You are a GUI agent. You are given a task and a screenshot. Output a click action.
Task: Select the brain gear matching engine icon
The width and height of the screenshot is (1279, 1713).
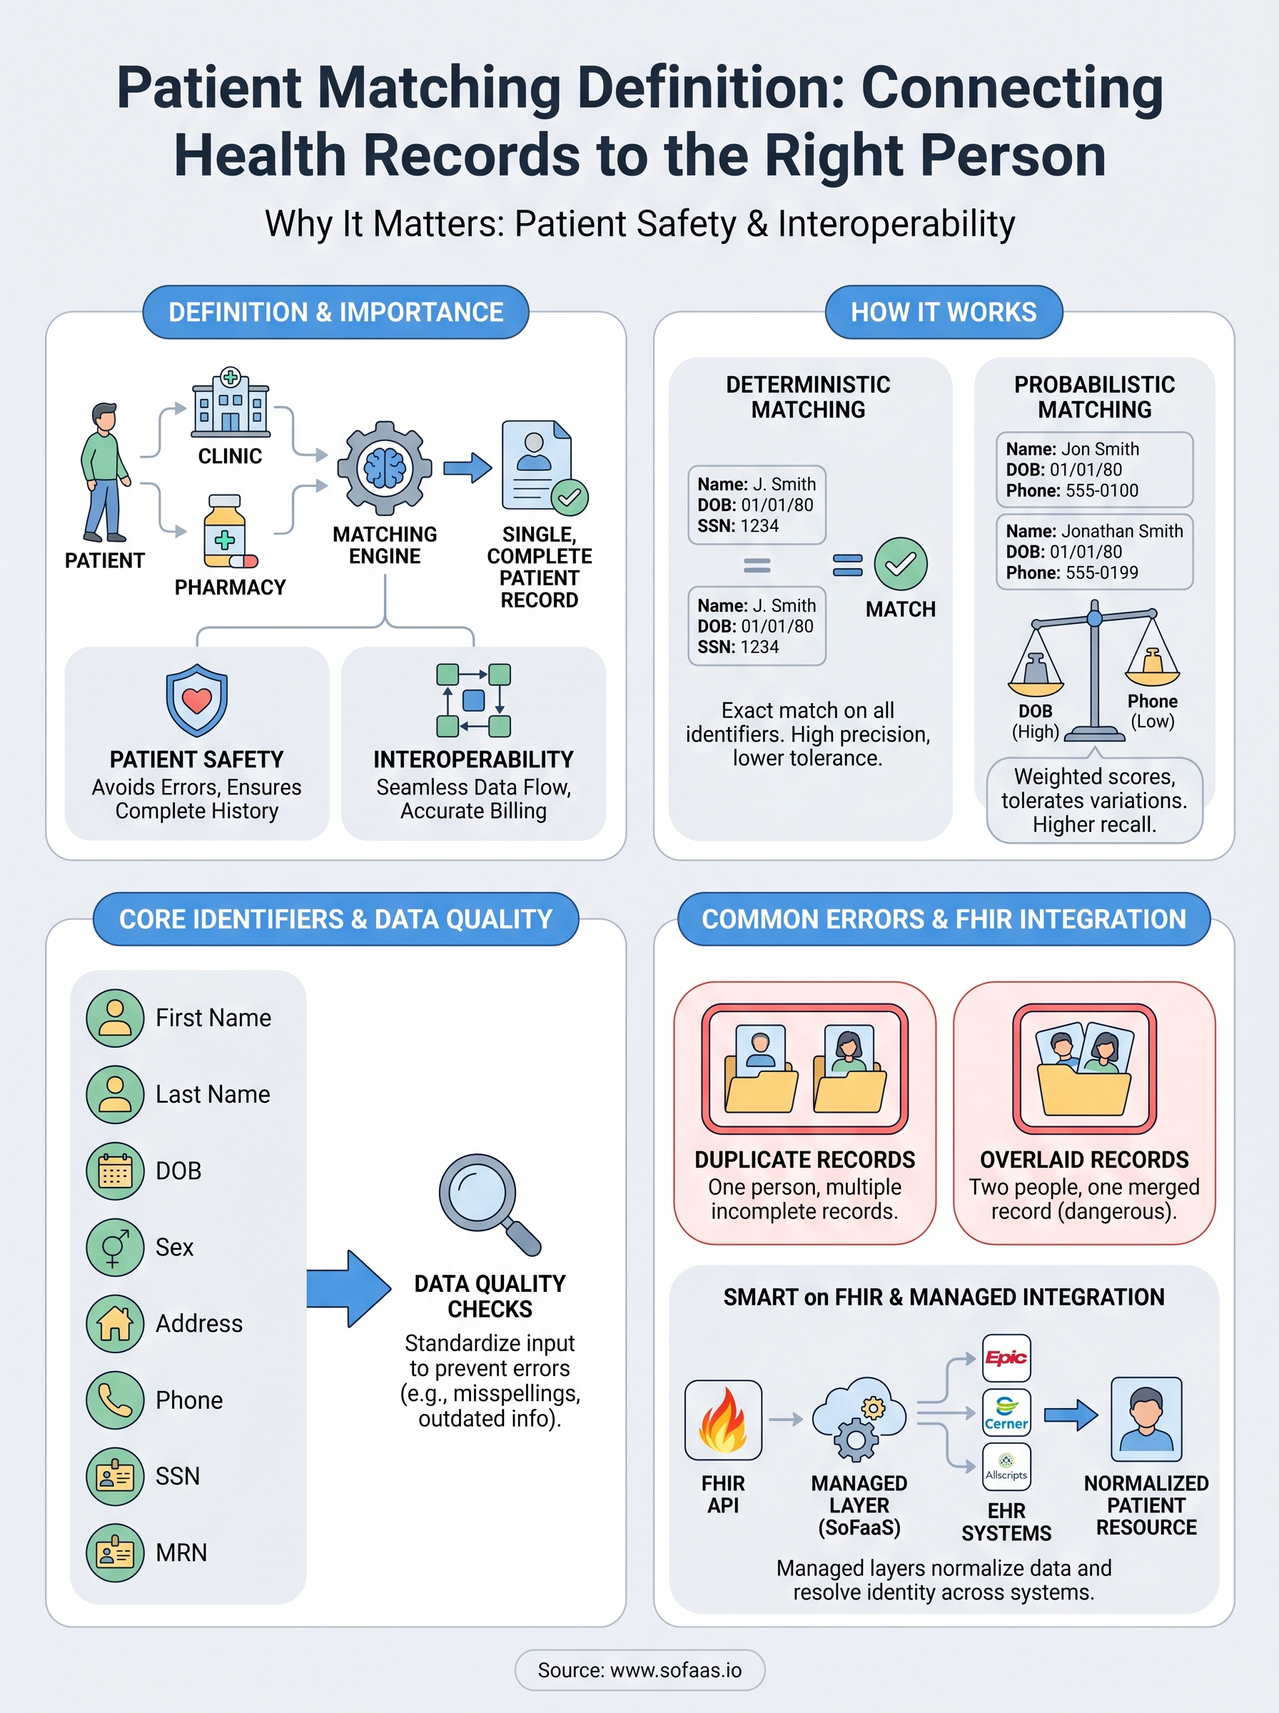pyautogui.click(x=385, y=468)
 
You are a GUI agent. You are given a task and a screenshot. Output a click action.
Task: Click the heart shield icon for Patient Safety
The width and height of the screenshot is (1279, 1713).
pyautogui.click(x=197, y=699)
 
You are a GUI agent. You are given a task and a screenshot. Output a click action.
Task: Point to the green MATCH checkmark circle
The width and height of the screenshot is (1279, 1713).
pyautogui.click(x=901, y=564)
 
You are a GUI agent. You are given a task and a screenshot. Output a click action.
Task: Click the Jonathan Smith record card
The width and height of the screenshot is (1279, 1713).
pyautogui.click(x=1094, y=552)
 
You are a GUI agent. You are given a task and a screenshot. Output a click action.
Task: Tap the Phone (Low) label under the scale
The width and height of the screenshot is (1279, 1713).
pyautogui.click(x=1152, y=711)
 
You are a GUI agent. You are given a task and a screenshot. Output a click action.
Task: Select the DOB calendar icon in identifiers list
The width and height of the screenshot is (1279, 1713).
pyautogui.click(x=116, y=1171)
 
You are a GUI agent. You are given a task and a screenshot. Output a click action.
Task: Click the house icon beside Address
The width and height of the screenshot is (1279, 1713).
pyautogui.click(x=116, y=1323)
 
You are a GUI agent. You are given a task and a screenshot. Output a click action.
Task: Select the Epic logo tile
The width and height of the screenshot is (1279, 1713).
pyautogui.click(x=1006, y=1358)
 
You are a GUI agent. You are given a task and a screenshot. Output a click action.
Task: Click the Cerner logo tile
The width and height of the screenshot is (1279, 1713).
pyautogui.click(x=1006, y=1413)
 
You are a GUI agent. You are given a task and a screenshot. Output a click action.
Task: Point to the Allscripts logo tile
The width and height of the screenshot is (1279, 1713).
pyautogui.click(x=1006, y=1466)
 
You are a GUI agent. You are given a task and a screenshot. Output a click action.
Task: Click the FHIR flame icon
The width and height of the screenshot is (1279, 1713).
pyautogui.click(x=722, y=1419)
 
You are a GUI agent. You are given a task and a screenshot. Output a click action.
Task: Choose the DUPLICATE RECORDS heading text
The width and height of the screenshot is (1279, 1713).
pyautogui.click(x=804, y=1160)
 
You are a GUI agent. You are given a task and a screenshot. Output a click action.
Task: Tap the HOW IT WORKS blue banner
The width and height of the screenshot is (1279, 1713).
pyautogui.click(x=943, y=312)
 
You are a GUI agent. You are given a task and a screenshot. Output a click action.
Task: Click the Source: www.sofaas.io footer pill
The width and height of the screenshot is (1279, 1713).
pyautogui.click(x=639, y=1669)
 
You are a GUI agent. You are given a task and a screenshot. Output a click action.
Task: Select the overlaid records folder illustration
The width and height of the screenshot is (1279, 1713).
pyautogui.click(x=1084, y=1069)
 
